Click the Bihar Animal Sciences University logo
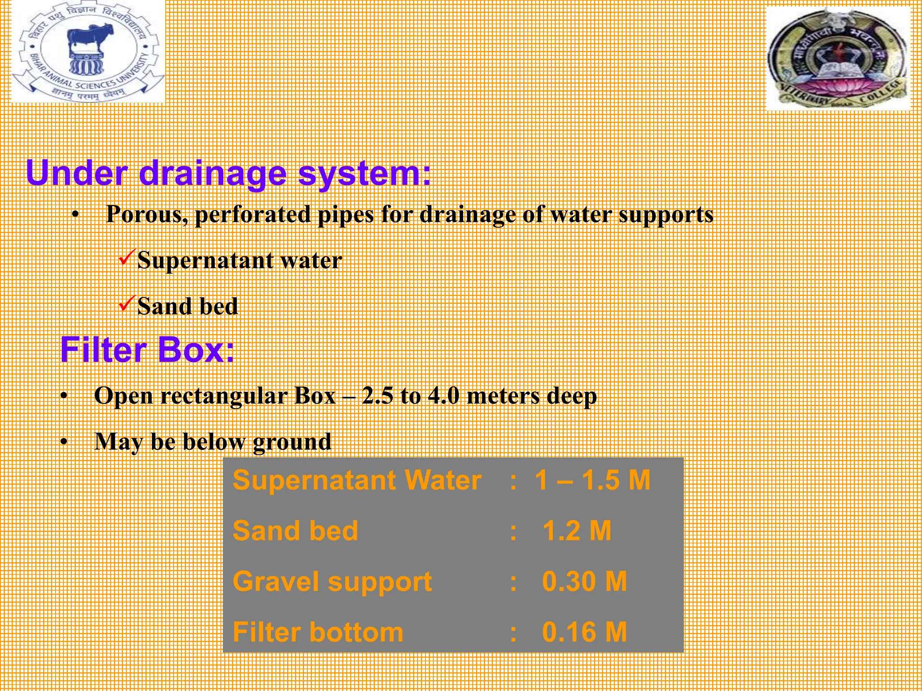88,52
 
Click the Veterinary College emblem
838,58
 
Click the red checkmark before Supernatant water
126,258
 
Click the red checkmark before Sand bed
126,304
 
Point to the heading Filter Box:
147,350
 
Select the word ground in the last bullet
292,442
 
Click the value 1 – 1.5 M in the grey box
592,480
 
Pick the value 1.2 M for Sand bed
577,531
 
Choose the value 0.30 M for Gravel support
584,581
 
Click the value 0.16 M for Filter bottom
584,632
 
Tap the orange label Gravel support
332,582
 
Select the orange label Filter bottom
318,632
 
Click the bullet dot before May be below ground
64,442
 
